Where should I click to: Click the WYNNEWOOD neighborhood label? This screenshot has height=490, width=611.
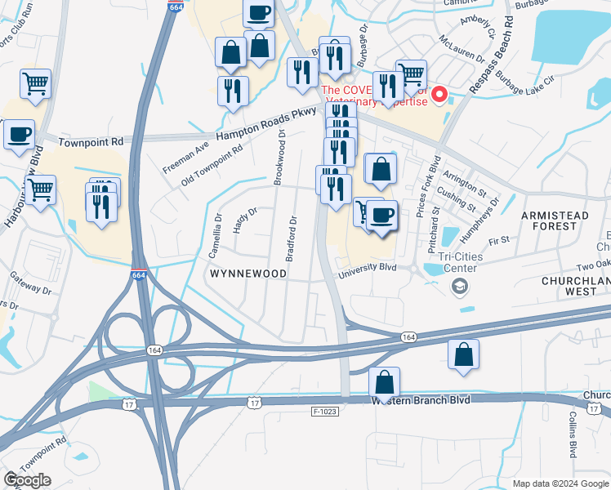coord(248,274)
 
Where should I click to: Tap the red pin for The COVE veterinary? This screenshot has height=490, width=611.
coord(439,96)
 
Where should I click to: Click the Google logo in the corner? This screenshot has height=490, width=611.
coord(26,479)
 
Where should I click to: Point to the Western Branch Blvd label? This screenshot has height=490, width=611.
coord(421,400)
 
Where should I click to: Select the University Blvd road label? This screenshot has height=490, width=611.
coord(377,267)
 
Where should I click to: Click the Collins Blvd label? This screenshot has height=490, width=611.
coord(573,440)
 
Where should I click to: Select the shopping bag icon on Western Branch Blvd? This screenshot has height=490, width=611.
coord(384,382)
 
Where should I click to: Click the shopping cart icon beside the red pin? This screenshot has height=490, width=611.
coord(411,74)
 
